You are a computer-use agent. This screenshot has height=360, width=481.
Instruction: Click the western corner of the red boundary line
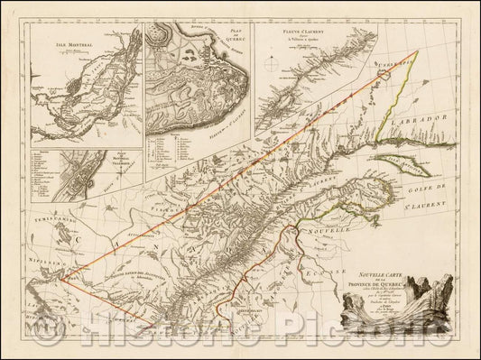tap(62, 277)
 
